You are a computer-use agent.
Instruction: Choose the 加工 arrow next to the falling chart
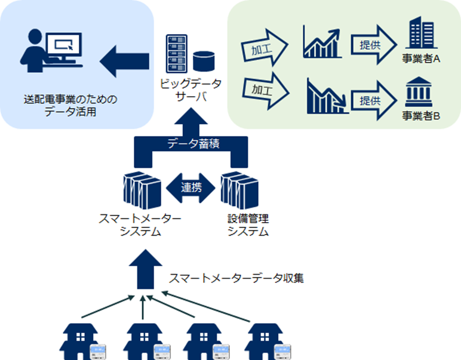[263, 92]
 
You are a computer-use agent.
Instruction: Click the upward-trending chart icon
[322, 42]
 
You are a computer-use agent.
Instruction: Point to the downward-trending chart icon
[325, 96]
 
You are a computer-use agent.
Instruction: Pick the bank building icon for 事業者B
[421, 91]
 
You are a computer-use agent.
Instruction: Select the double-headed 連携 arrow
[190, 187]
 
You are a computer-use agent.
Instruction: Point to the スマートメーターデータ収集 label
[236, 278]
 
